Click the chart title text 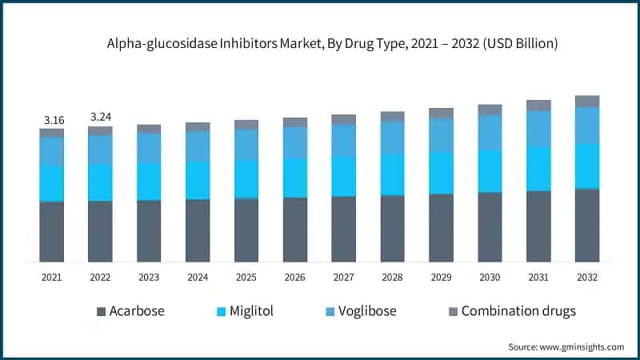coord(320,44)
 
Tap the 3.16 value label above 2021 coord(54,120)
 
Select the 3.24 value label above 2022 coord(101,117)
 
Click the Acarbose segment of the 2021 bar coord(52,231)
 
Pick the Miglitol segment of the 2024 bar coord(198,180)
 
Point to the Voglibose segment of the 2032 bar coord(587,125)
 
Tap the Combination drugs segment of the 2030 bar coord(490,110)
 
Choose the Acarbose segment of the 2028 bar coord(392,228)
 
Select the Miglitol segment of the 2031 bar coord(538,169)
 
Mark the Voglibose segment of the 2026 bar coord(295,142)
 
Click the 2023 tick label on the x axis coord(149,277)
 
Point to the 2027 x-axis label coord(343,277)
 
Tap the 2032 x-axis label coord(587,277)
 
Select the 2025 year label coord(246,277)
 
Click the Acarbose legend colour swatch coord(101,311)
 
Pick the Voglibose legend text coord(367,311)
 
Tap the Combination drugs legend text coord(518,311)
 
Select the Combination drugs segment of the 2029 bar coord(441,113)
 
